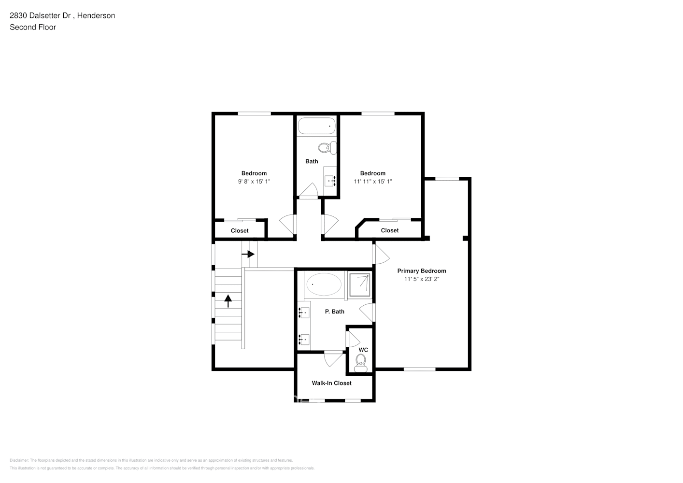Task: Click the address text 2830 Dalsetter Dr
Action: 41,15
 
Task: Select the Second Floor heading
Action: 33,27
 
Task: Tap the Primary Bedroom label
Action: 421,271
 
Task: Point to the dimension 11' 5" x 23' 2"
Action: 421,279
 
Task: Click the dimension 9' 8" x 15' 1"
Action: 254,182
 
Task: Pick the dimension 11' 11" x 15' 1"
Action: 372,182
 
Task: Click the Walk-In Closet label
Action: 331,383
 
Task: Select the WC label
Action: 363,350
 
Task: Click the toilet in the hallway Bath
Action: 327,148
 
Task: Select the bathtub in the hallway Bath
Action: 316,126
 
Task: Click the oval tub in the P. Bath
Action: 324,284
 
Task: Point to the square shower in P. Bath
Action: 359,284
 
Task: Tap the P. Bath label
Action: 334,312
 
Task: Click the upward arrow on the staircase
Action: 228,301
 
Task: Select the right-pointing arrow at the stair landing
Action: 248,254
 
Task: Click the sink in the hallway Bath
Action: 330,181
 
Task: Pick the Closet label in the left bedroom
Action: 240,231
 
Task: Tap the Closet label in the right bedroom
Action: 389,230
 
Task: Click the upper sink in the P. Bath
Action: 304,313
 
